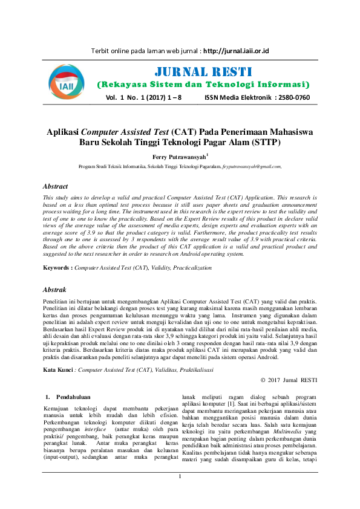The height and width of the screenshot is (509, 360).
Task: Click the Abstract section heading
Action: (x=59, y=186)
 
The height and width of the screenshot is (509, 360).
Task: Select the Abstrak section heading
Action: (x=59, y=291)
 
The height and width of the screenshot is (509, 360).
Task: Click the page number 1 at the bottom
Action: (x=180, y=494)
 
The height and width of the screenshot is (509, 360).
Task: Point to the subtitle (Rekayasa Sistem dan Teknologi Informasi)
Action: (x=203, y=84)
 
